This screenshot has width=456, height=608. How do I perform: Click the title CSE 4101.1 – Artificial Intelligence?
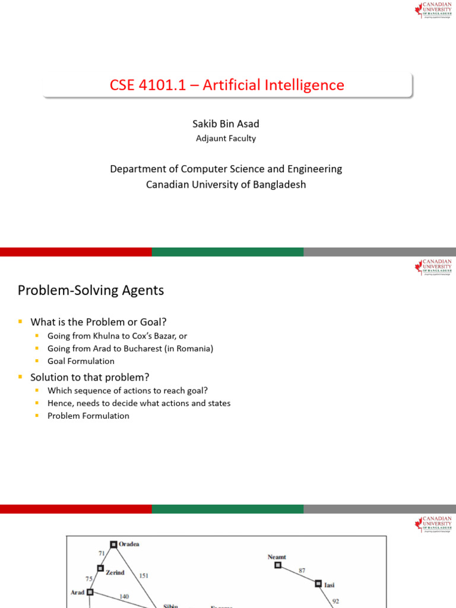click(227, 85)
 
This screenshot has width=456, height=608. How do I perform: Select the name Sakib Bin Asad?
click(226, 123)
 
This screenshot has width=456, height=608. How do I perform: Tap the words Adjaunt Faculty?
click(226, 138)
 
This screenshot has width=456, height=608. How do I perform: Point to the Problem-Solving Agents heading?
click(91, 290)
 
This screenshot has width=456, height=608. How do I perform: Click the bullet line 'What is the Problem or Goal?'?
click(99, 322)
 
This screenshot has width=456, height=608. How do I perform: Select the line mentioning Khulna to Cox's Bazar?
click(118, 336)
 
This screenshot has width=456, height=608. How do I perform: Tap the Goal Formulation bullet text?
click(81, 361)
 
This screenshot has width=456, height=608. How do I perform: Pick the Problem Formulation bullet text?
click(88, 416)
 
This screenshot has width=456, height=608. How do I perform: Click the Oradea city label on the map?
click(129, 544)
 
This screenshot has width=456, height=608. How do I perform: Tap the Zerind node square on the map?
click(100, 568)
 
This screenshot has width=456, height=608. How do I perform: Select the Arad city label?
click(78, 592)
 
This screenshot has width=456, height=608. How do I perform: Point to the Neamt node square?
click(277, 565)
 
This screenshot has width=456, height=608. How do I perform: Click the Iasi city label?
click(329, 585)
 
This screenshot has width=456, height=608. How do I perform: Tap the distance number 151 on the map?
click(144, 575)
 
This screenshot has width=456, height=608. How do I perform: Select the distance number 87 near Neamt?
click(302, 571)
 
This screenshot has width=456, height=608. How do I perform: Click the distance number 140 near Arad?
click(123, 596)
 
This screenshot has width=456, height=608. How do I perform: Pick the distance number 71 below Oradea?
click(102, 553)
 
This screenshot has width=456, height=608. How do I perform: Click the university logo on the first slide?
click(433, 10)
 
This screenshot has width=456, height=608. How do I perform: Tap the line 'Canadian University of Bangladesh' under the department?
click(226, 184)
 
